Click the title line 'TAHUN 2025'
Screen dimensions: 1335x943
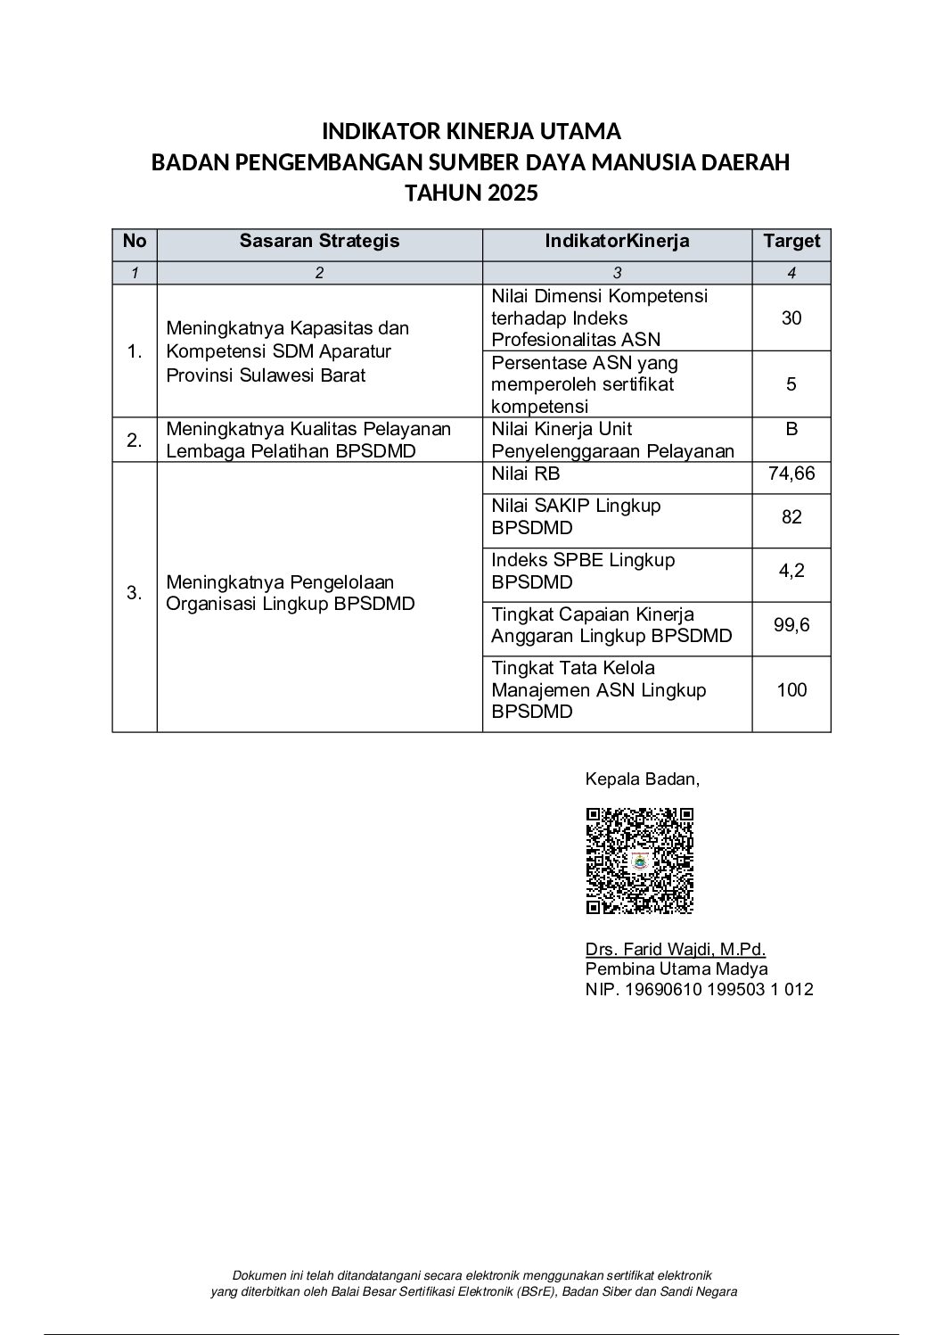tap(471, 193)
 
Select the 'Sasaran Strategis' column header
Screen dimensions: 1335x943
tap(319, 241)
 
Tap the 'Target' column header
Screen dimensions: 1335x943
tap(791, 241)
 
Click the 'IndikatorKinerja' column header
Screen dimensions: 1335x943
tap(617, 241)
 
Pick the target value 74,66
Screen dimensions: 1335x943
tap(791, 474)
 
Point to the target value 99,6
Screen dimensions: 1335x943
tap(791, 625)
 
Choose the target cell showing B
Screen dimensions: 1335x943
tap(791, 429)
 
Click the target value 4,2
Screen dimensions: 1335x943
tap(791, 571)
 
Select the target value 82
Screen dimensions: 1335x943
tap(791, 517)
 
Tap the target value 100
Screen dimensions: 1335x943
tap(791, 689)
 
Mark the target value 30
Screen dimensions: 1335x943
tap(791, 318)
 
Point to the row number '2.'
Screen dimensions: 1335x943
tap(135, 441)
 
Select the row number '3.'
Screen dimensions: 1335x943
tap(135, 593)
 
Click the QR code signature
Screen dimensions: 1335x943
tap(639, 861)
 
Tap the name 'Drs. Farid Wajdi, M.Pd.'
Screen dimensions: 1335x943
tap(675, 949)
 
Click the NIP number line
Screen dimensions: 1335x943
tap(699, 989)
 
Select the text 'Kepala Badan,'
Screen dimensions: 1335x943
tap(642, 779)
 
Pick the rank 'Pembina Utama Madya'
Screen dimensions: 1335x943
tap(676, 969)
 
